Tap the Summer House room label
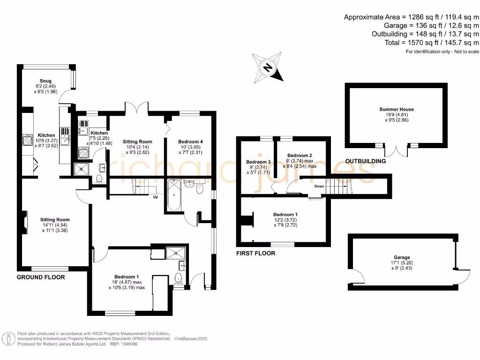397,109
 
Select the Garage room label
402,257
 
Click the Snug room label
45,81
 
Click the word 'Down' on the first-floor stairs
319,186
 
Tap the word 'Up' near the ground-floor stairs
155,197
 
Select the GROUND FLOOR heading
41,277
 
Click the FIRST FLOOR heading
256,253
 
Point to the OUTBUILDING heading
366,161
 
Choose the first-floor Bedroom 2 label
300,155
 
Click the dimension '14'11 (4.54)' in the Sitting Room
55,225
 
